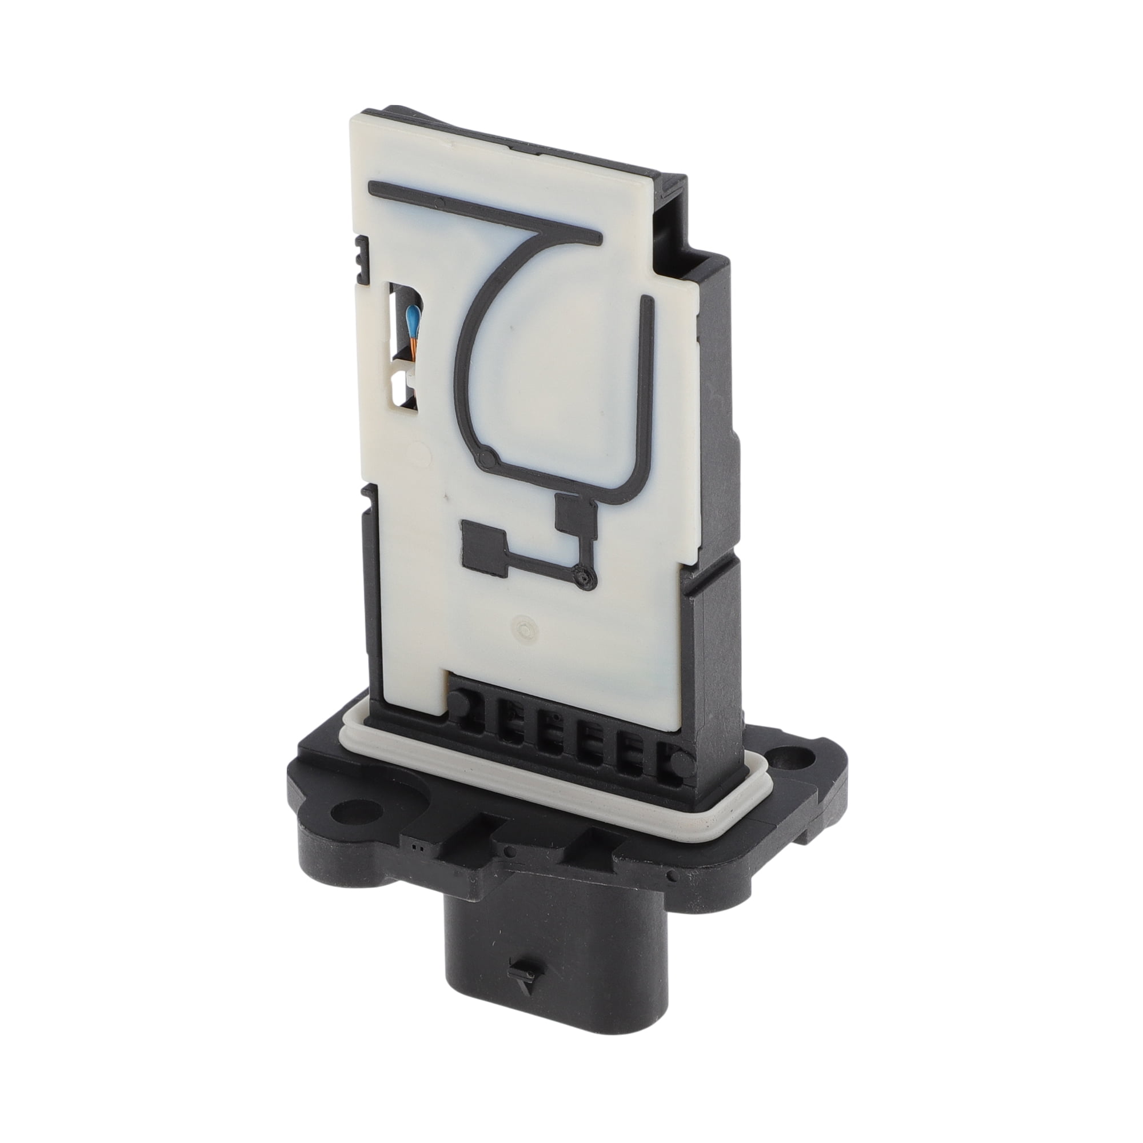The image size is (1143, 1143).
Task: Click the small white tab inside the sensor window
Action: [398, 385]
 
